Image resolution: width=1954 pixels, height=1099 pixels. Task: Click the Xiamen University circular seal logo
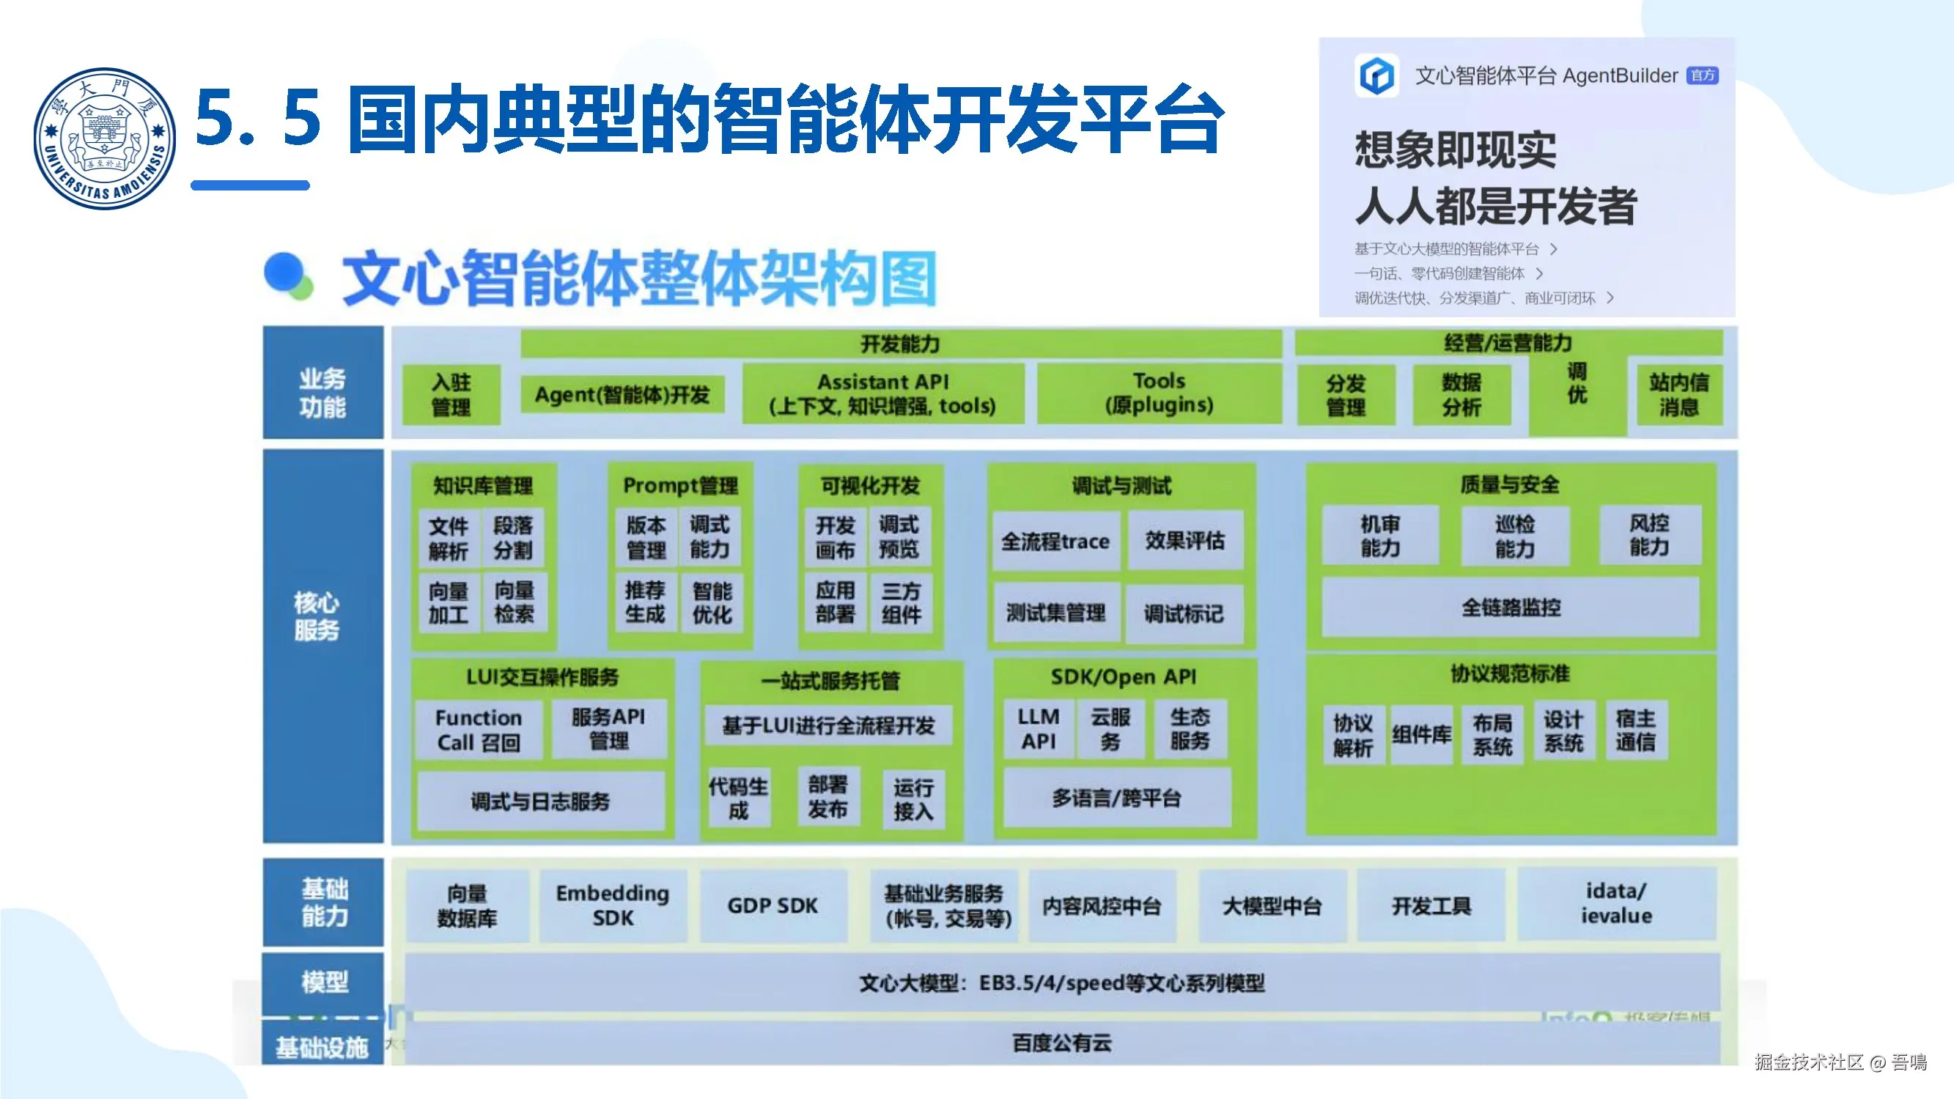coord(105,138)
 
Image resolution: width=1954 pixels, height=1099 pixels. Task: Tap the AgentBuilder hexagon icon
coord(1376,75)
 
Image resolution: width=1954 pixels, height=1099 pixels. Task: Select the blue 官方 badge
coord(1702,75)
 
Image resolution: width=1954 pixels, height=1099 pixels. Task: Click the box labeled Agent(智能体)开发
coord(622,394)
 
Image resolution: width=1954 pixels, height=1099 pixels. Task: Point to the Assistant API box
coord(882,393)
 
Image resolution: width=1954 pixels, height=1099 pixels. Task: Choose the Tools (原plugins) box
coord(1158,393)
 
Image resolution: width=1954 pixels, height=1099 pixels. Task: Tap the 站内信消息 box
coord(1678,394)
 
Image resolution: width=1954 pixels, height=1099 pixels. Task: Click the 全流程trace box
coord(1055,541)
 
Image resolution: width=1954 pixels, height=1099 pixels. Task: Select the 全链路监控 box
coord(1511,607)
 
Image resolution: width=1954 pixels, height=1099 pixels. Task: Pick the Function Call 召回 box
coord(479,730)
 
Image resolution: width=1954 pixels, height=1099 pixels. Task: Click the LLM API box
coord(1038,729)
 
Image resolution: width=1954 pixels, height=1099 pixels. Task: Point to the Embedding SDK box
coord(613,905)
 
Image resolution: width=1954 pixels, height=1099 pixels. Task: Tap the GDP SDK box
coord(773,906)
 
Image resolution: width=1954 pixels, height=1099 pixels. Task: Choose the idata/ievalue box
coord(1615,903)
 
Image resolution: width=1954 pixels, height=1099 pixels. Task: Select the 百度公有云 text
coord(1061,1043)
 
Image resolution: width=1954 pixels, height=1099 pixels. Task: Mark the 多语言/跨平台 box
coord(1116,798)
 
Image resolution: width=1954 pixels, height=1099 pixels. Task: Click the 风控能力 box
coord(1649,536)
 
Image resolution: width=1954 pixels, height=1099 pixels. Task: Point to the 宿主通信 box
coord(1635,730)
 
